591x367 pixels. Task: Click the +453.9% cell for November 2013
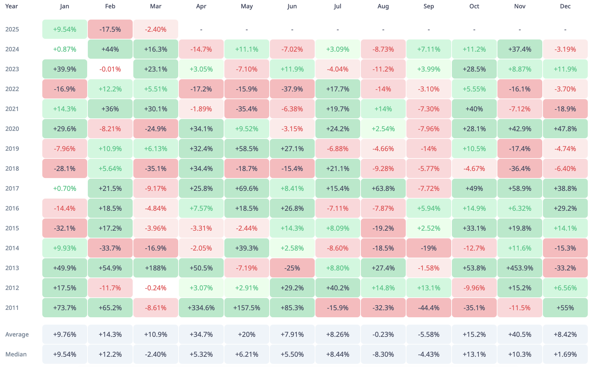[520, 268]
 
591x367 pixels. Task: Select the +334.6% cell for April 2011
[201, 308]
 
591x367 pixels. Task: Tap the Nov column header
[520, 6]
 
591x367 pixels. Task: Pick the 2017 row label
[12, 188]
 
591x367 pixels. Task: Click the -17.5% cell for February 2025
[110, 29]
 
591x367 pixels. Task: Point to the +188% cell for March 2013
[155, 268]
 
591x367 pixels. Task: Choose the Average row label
[17, 334]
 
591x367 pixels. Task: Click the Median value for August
[383, 354]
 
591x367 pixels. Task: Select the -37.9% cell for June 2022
[292, 89]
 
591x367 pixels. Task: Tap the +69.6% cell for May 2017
[246, 188]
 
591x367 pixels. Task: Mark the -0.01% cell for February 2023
[110, 69]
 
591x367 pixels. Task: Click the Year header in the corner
[12, 6]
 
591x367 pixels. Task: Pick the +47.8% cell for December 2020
[565, 129]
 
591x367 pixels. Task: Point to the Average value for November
[520, 334]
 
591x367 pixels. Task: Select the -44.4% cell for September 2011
[429, 308]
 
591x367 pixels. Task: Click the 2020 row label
[12, 129]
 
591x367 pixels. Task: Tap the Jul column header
[337, 6]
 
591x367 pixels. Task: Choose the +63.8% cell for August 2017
[383, 188]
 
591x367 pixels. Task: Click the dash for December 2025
[565, 30]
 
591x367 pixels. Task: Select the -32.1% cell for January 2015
[64, 228]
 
